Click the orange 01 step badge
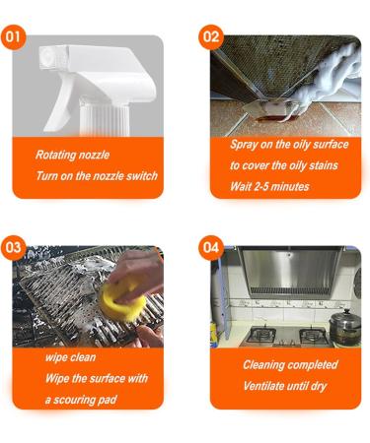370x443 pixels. click(13, 37)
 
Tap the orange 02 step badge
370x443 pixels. click(211, 37)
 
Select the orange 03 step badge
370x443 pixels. click(13, 248)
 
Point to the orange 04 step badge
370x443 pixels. click(211, 248)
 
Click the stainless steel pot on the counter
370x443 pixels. click(344, 327)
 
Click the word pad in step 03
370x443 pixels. click(110, 400)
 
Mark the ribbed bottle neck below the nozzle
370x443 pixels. click(105, 119)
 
